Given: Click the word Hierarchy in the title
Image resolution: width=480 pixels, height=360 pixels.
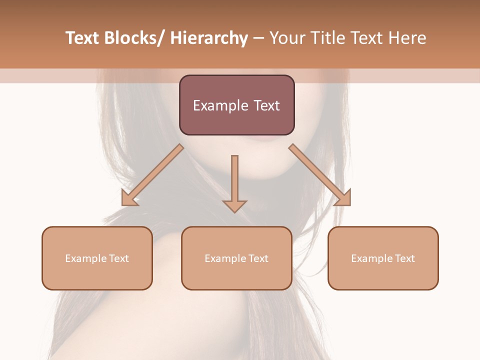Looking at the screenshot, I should pos(209,38).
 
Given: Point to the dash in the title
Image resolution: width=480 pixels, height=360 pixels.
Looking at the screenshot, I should pos(258,38).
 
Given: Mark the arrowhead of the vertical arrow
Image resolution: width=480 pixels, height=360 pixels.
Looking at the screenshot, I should pos(234,205).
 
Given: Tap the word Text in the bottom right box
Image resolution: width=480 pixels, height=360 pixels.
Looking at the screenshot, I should pos(404,258).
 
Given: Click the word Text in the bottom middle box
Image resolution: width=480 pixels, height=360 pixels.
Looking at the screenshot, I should pos(258,258).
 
